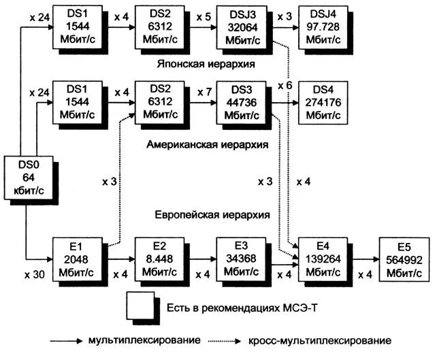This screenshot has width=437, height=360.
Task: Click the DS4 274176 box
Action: pyautogui.click(x=321, y=102)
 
